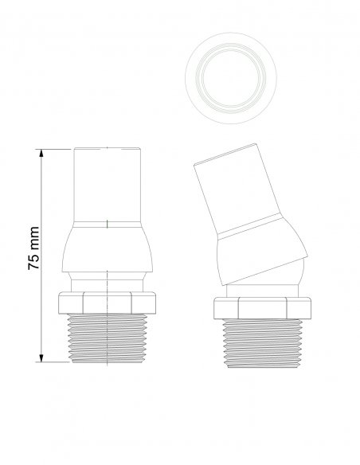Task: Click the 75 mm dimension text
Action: (x=33, y=248)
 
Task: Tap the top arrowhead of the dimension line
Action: (x=41, y=153)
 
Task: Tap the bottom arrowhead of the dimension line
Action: (x=41, y=358)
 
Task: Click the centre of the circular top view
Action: (x=231, y=78)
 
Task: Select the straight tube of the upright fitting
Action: (x=107, y=185)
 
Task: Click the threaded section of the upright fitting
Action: (x=107, y=338)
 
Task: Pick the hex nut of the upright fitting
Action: (x=107, y=303)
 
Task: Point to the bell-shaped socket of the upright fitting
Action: (x=107, y=247)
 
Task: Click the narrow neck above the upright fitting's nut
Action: (x=107, y=282)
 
